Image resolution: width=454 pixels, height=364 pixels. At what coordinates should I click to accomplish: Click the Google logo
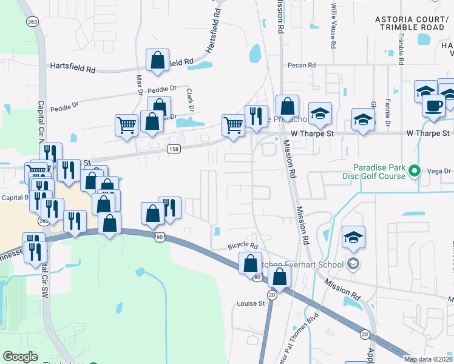(x=20, y=357)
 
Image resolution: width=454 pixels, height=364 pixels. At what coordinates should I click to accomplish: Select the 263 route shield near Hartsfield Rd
(x=32, y=21)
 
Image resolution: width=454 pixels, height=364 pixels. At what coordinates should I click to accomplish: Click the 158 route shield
(x=174, y=149)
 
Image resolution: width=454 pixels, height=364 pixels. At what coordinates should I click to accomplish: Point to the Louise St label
(x=251, y=303)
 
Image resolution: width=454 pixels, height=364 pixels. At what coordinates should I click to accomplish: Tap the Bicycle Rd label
(x=243, y=247)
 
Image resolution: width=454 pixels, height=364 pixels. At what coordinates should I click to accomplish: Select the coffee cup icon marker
(x=433, y=105)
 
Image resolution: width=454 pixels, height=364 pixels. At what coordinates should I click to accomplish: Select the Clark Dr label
(x=190, y=98)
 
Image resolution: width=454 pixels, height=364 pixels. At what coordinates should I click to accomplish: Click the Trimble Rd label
(x=401, y=48)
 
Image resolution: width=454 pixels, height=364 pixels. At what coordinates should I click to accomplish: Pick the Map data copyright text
(x=429, y=359)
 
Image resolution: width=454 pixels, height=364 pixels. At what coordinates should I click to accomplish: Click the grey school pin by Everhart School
(x=352, y=263)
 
